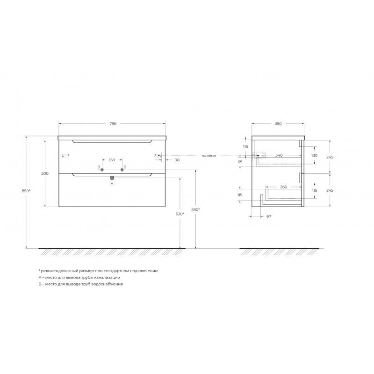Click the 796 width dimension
click(x=113, y=123)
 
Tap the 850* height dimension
click(x=26, y=191)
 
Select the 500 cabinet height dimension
click(x=45, y=173)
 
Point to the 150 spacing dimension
click(x=112, y=160)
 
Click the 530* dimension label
click(x=180, y=214)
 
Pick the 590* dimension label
click(x=195, y=209)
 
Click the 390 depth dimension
click(x=278, y=123)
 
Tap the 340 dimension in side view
click(x=279, y=155)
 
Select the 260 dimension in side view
click(x=284, y=187)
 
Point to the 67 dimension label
click(x=269, y=216)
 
